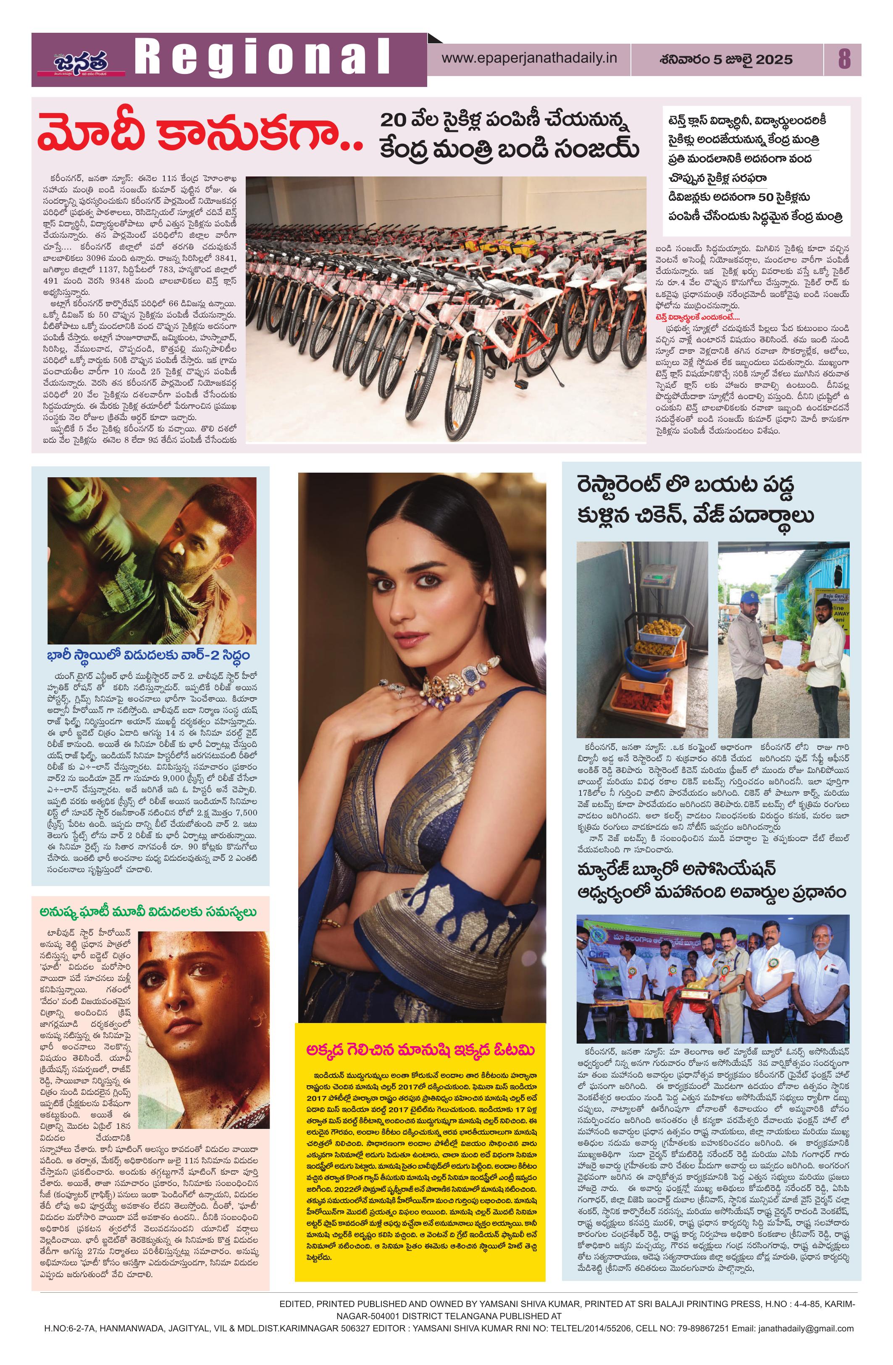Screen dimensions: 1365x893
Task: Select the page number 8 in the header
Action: (844, 59)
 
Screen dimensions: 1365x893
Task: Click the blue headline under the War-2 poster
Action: (149, 655)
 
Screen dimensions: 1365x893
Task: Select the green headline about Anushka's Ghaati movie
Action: (148, 912)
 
